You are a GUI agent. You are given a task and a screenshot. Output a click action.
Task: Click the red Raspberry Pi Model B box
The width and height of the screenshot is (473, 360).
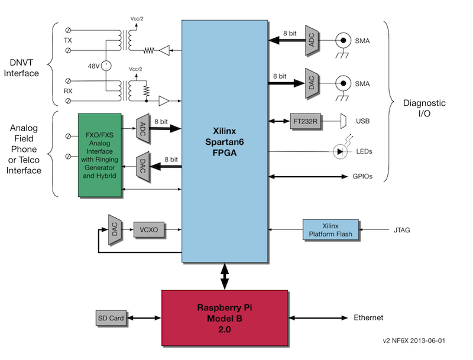click(225, 318)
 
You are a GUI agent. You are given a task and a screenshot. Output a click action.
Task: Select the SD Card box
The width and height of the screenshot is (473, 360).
click(111, 318)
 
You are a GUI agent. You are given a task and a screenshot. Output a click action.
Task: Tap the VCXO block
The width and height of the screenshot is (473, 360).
click(150, 230)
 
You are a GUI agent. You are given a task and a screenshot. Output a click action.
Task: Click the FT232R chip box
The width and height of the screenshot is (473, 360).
click(305, 121)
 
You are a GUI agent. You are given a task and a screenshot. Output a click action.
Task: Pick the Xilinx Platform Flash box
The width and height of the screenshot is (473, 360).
click(331, 230)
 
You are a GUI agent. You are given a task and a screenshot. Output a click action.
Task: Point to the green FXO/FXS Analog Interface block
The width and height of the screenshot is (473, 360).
click(99, 155)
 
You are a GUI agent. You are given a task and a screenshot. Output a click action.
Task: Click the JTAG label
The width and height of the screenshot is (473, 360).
click(402, 230)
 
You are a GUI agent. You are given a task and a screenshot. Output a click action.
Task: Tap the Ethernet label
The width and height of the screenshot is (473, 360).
click(368, 317)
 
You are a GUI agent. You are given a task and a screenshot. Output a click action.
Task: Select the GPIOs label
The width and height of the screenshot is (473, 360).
click(362, 176)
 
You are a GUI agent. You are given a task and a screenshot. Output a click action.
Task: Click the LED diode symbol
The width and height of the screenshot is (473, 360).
click(340, 152)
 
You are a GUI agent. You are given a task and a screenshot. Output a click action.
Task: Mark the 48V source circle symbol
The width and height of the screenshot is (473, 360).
click(106, 66)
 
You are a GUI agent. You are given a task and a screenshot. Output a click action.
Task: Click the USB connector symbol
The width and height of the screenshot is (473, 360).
click(344, 121)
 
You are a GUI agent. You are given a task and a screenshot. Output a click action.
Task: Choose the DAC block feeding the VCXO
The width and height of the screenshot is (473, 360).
click(115, 230)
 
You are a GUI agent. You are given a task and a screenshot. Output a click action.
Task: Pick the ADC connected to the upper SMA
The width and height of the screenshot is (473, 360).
click(312, 40)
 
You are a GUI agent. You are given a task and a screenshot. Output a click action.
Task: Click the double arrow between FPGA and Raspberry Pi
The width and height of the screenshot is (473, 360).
click(225, 277)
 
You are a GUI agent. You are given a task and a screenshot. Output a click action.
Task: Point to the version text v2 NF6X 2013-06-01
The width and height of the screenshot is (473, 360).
click(414, 340)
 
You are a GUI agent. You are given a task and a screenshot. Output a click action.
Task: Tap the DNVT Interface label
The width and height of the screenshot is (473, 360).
click(21, 68)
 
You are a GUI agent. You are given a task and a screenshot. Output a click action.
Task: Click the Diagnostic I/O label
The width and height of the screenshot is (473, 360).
click(424, 108)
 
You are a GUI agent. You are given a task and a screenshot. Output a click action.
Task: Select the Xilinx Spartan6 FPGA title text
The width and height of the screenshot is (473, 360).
click(225, 142)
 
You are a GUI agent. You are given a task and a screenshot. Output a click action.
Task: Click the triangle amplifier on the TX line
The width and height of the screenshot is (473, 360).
click(164, 50)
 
